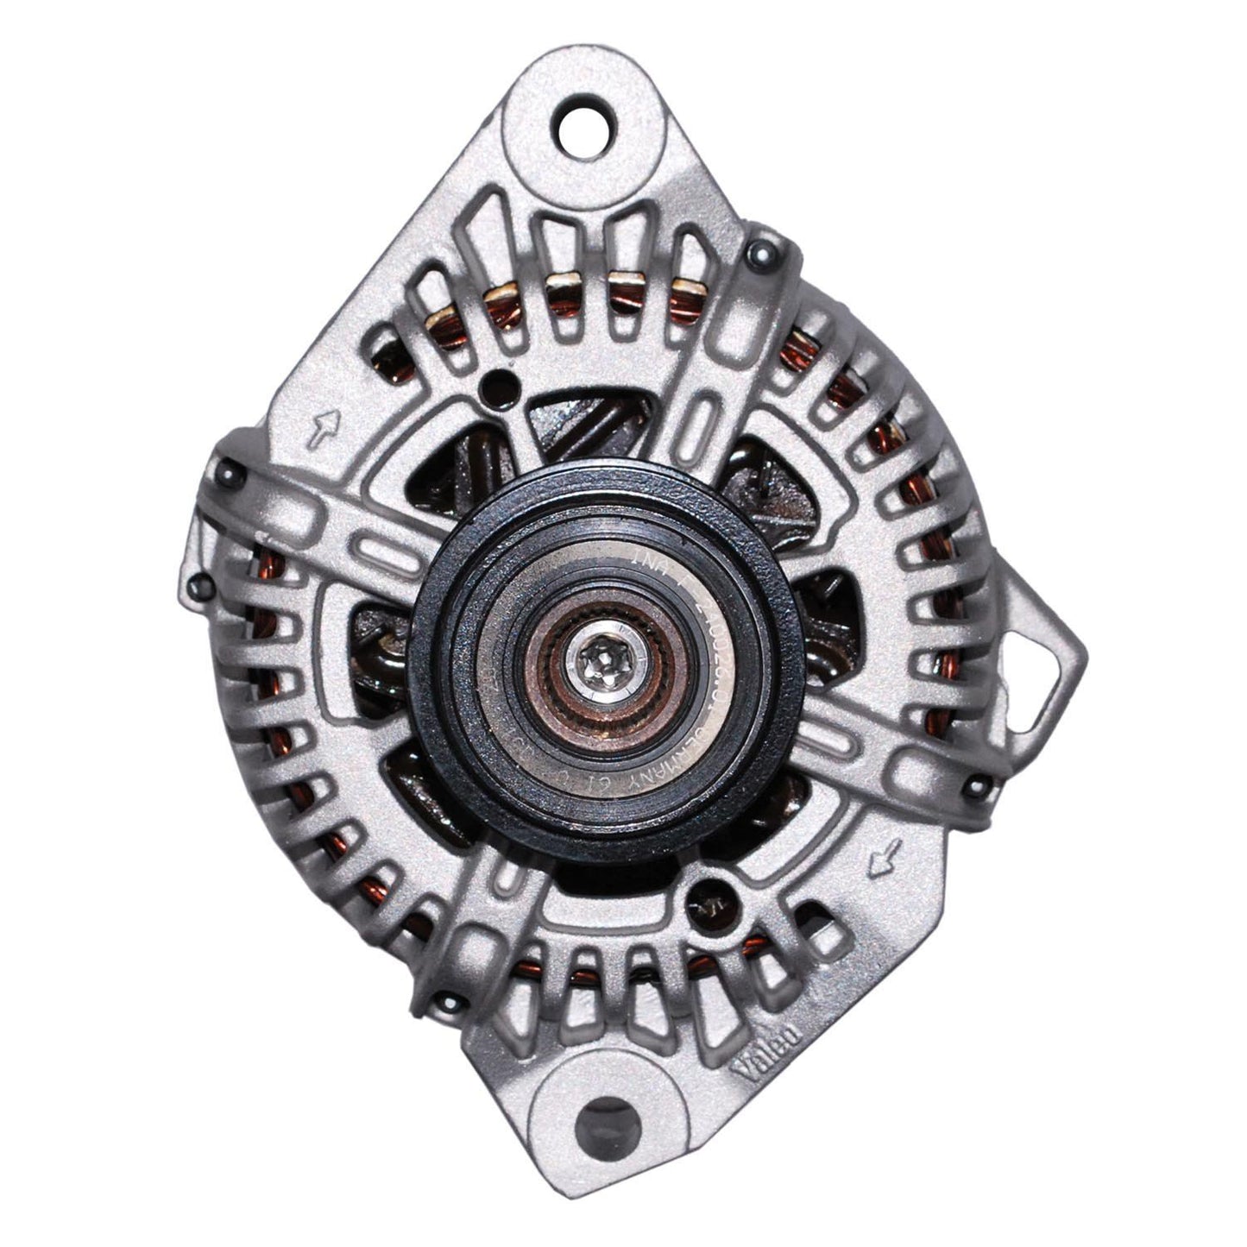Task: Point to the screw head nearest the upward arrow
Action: point(227,471)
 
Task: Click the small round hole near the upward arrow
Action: point(494,380)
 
